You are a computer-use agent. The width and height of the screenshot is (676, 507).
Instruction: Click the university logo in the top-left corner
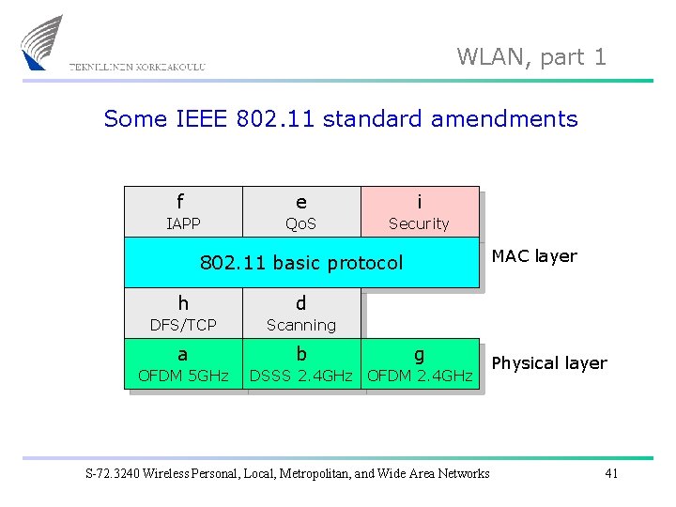[x=43, y=42]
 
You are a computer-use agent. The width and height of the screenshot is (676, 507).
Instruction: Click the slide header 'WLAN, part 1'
[x=531, y=57]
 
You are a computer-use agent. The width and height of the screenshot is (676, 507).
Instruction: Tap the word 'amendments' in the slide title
[x=504, y=119]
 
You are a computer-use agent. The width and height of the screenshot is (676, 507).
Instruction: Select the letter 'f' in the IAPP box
[x=180, y=202]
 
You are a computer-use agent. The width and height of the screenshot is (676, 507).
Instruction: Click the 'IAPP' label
[x=182, y=223]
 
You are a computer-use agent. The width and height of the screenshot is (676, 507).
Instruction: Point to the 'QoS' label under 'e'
[x=300, y=223]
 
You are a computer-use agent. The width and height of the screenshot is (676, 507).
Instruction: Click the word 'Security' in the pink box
[x=419, y=223]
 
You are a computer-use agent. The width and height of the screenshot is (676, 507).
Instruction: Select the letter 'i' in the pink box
[x=419, y=201]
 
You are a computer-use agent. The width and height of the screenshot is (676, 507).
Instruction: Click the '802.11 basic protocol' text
[x=301, y=263]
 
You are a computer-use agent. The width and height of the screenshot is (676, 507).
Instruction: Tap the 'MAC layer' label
[x=534, y=255]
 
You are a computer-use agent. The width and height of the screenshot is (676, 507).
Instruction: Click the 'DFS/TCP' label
[x=183, y=325]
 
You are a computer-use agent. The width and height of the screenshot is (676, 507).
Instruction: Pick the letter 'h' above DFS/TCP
[x=183, y=303]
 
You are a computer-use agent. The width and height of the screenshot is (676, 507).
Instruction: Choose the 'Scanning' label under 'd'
[x=300, y=325]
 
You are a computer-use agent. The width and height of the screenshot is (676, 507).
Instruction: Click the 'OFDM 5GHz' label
[x=183, y=376]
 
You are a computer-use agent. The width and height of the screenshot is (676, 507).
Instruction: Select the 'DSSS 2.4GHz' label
[x=300, y=376]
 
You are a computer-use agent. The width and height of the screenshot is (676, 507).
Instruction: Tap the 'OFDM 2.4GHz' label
[x=420, y=376]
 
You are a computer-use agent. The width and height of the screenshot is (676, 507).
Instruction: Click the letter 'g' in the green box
[x=419, y=355]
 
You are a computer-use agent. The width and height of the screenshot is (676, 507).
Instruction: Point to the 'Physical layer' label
[x=549, y=363]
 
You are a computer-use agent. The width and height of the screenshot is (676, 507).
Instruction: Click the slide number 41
[x=611, y=473]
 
